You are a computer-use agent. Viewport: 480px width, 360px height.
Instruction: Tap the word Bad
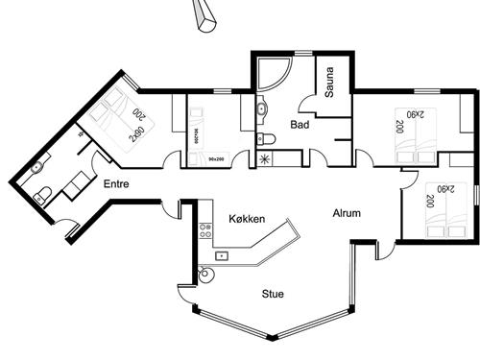click(x=300, y=124)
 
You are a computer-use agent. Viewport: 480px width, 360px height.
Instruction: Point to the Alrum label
click(x=347, y=213)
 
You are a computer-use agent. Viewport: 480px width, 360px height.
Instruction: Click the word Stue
click(x=276, y=295)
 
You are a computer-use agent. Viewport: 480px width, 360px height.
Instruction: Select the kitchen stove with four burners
click(x=204, y=230)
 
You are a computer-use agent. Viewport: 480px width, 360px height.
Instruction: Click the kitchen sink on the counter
click(x=222, y=256)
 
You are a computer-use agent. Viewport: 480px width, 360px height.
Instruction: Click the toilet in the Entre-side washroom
click(x=43, y=197)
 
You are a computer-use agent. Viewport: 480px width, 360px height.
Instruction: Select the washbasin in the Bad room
click(x=262, y=109)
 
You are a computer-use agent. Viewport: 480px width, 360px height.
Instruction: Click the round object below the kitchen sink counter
click(x=204, y=276)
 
